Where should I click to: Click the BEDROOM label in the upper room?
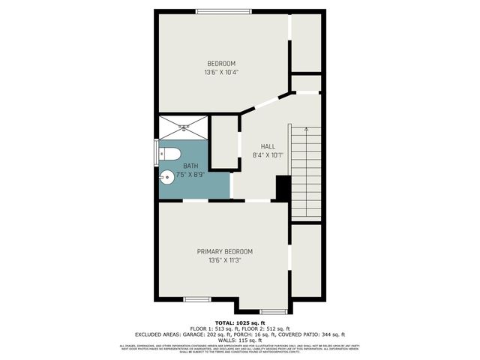(221, 63)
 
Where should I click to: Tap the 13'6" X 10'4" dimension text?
(221, 73)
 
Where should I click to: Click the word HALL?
(268, 146)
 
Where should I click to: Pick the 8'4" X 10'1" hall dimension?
(268, 156)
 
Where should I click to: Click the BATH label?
(191, 165)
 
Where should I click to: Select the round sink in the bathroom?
(167, 178)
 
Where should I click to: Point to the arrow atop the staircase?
(307, 128)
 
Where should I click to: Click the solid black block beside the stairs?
(283, 187)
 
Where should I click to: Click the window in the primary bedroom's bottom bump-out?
(272, 310)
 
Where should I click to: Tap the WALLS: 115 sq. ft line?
(240, 340)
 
